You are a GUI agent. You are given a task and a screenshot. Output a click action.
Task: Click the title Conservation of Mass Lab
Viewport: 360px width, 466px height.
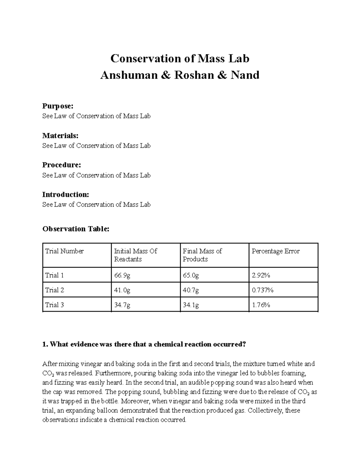180,59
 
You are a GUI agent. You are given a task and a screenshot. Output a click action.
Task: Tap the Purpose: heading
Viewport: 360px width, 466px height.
58,106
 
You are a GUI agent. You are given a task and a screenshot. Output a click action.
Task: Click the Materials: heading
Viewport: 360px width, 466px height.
60,136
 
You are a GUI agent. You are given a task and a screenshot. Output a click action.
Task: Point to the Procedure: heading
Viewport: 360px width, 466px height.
61,165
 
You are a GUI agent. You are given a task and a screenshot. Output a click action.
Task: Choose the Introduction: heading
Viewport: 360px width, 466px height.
65,194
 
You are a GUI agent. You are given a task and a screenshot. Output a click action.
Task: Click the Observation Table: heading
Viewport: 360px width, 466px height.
76,229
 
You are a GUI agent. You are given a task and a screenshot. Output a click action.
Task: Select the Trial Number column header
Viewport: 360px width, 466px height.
64,251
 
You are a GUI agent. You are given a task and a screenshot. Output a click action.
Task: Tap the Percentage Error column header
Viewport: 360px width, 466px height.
275,251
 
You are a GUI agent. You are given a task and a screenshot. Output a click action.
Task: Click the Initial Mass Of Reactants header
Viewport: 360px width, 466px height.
135,255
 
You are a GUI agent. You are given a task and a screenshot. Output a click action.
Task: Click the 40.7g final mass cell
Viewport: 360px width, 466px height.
191,290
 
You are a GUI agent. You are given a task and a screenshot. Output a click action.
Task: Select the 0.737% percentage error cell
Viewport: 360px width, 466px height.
262,290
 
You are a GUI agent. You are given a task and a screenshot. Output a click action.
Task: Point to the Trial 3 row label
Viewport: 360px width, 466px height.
54,305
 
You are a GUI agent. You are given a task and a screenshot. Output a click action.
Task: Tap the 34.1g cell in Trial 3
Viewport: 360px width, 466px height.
191,305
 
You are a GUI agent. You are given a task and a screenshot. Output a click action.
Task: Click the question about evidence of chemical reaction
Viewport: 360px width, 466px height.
144,344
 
